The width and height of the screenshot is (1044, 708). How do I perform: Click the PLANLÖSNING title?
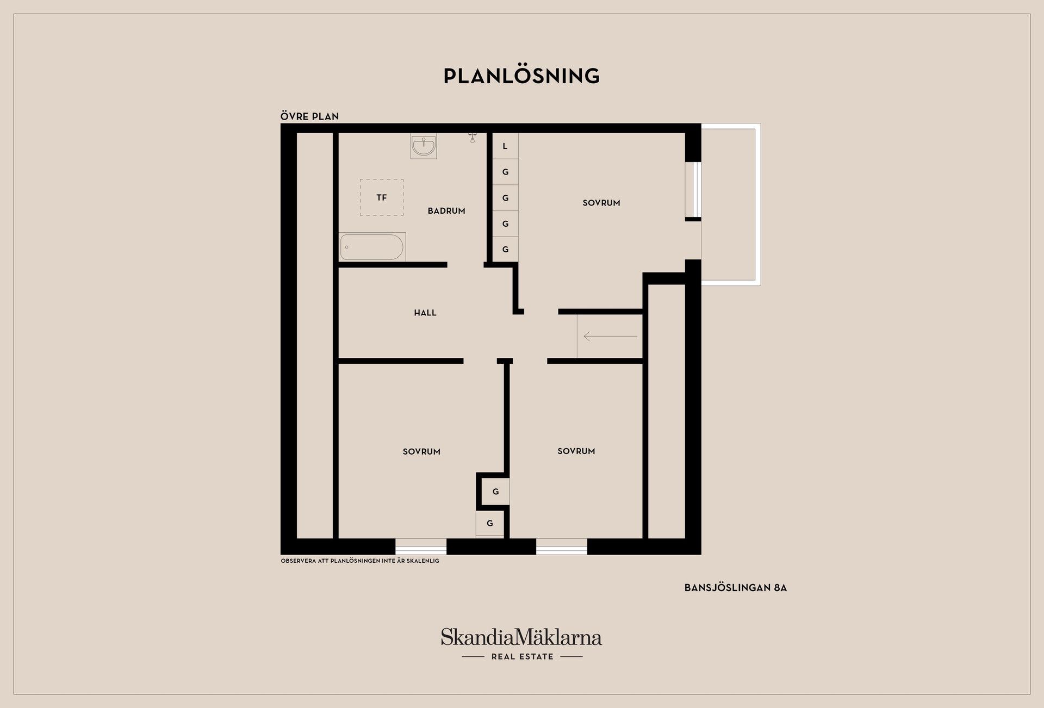(521, 76)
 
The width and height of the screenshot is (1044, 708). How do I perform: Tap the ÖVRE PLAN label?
(309, 116)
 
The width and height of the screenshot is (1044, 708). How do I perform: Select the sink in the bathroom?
(424, 146)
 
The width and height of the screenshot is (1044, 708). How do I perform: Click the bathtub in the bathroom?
(372, 247)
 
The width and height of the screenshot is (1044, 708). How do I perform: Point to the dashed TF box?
(382, 197)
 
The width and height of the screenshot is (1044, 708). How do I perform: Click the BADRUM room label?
(446, 211)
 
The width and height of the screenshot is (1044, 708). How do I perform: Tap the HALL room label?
(425, 313)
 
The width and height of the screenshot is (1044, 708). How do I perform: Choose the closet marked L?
(505, 146)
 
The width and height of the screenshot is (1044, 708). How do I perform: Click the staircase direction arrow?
(610, 337)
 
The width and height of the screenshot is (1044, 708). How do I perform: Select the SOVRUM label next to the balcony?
(601, 203)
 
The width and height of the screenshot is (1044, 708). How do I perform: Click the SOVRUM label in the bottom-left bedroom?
(421, 451)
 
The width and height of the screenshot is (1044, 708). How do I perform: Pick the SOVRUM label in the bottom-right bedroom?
(576, 451)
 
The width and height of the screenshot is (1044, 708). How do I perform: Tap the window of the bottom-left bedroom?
(421, 546)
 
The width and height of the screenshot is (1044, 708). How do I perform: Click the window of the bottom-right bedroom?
(562, 546)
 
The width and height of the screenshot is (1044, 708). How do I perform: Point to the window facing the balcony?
(693, 189)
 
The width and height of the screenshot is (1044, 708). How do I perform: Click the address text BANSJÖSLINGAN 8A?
(735, 588)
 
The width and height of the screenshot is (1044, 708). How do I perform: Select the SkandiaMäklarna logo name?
(521, 637)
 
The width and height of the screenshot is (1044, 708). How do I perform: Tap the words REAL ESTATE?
(522, 657)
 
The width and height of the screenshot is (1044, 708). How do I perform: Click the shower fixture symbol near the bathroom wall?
(472, 138)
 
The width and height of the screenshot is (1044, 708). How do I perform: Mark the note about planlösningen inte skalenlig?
(360, 561)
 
